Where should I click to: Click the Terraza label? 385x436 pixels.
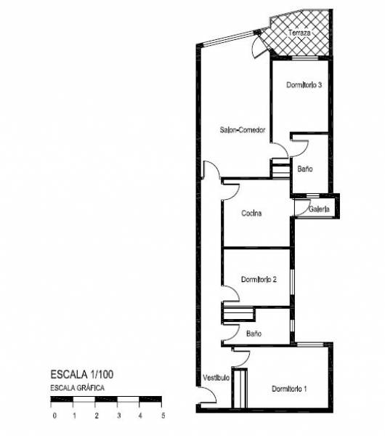299,33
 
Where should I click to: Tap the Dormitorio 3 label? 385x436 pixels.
304,85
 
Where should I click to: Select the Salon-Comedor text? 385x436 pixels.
243,130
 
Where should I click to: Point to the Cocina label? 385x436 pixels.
251,213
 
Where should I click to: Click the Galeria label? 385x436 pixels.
319,209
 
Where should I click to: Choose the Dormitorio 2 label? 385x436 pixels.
259,280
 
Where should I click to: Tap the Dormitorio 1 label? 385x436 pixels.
289,389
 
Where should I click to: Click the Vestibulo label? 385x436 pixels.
216,378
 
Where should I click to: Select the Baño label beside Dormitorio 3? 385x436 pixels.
305,169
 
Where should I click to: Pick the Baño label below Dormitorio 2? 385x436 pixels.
254,334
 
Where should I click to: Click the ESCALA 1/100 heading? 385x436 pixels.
82,374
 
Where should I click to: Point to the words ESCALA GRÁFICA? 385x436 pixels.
77,387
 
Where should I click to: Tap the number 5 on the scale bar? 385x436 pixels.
163,416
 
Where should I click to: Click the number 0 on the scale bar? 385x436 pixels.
54,416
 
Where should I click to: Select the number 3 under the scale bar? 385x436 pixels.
119,416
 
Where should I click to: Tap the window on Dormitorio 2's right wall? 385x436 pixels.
292,282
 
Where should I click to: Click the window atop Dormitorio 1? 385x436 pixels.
310,344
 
